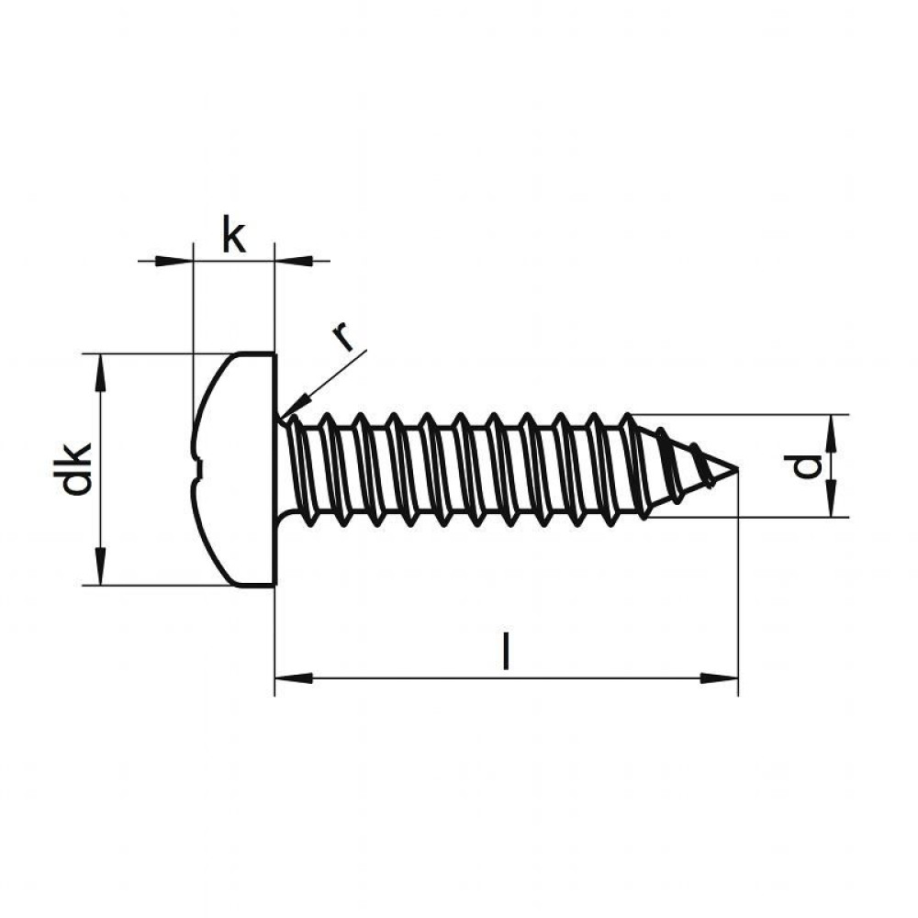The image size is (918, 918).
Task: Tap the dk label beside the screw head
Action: tap(77, 469)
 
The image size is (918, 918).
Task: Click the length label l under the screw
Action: tap(507, 650)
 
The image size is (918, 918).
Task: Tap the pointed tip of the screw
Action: tap(736, 468)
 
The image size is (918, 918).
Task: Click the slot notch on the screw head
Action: tap(199, 469)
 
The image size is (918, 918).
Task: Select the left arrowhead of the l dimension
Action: tap(294, 678)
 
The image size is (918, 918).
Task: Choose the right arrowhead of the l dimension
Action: tap(719, 678)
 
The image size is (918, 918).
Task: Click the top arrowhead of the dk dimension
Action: tap(101, 373)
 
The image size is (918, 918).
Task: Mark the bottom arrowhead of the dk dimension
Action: tap(101, 565)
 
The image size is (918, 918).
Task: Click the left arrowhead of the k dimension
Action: tap(174, 261)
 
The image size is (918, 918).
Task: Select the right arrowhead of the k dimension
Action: tap(294, 261)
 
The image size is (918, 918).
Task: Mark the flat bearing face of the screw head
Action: tap(274, 469)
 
